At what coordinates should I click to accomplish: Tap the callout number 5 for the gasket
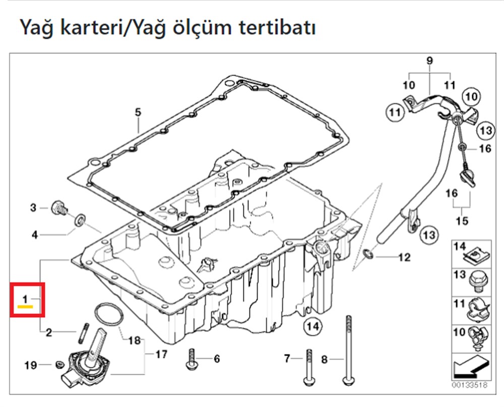click(x=139, y=112)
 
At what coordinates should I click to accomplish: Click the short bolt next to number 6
click(x=192, y=359)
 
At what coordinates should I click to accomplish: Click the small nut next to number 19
click(x=58, y=364)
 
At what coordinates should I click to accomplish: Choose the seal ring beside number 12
click(x=369, y=254)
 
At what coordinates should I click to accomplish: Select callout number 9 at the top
click(x=429, y=61)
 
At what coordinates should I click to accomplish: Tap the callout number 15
click(x=462, y=220)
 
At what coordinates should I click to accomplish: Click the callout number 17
click(x=160, y=354)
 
